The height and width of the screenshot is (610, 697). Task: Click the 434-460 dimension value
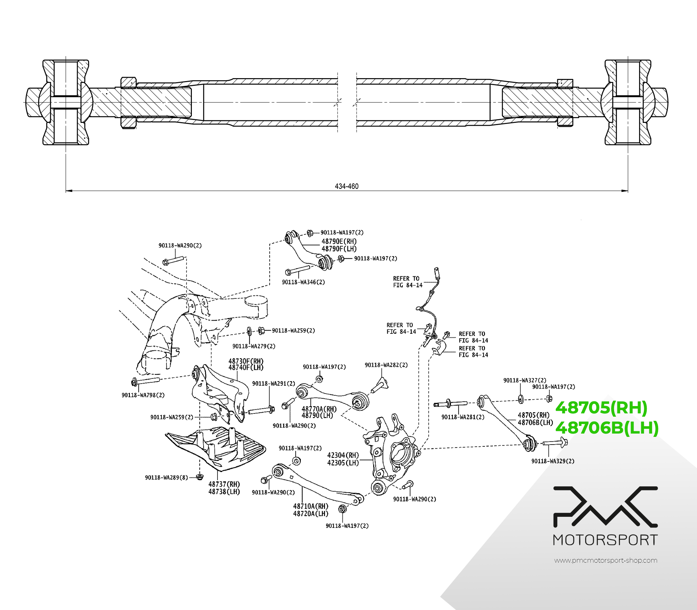[x=346, y=186]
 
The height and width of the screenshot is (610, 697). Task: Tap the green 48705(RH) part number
[x=601, y=408]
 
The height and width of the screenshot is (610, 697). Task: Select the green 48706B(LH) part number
[x=607, y=428]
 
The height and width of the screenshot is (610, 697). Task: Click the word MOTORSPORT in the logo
[x=605, y=540]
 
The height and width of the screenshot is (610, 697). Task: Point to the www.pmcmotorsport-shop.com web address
[x=605, y=560]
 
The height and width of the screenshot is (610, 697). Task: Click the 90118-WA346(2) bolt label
[x=303, y=282]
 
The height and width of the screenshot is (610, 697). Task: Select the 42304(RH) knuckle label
[x=343, y=455]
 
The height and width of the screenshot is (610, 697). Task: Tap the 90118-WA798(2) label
[x=143, y=395]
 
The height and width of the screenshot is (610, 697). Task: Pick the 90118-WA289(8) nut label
[x=166, y=477]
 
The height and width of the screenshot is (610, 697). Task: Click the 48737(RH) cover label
[x=224, y=484]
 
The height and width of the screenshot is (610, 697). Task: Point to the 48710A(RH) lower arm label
[x=311, y=506]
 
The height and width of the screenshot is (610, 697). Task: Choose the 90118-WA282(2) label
[x=386, y=365]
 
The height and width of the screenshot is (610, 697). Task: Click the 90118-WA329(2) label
[x=553, y=461]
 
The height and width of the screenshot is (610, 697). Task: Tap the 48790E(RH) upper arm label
[x=339, y=241]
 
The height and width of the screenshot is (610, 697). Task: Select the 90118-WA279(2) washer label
[x=254, y=346]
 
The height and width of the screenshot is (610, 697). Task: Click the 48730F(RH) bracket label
[x=246, y=361]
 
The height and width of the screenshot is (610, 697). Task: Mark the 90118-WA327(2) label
[x=525, y=380]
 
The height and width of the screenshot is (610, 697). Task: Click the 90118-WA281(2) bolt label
[x=463, y=417]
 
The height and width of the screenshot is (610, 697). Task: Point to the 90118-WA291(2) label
[x=274, y=383]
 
